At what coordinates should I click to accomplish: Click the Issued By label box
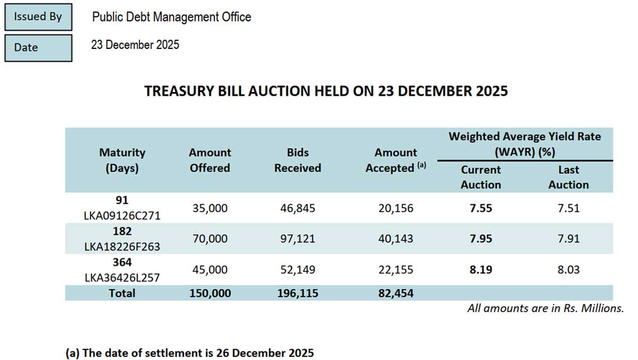click(x=38, y=16)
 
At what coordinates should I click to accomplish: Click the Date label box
click(x=38, y=47)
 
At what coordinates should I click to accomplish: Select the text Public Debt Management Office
click(x=171, y=17)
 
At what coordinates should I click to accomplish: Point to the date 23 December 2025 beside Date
click(x=135, y=45)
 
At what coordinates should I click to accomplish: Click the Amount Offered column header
click(x=210, y=160)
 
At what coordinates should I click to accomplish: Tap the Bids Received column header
click(x=298, y=160)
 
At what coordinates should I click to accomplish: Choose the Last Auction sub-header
click(x=568, y=177)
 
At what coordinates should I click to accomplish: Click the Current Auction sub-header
click(x=481, y=177)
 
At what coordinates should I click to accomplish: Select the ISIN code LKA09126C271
click(x=122, y=216)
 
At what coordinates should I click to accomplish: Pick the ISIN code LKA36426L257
click(x=122, y=278)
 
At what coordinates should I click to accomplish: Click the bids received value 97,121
click(x=298, y=239)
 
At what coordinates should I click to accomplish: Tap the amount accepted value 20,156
click(x=396, y=208)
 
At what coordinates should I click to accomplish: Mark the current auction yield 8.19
click(x=481, y=270)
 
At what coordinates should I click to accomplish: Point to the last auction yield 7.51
click(x=568, y=208)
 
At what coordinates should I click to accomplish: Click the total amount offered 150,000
click(x=210, y=293)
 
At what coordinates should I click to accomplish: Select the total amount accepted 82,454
click(x=396, y=293)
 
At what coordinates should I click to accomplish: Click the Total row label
click(x=122, y=293)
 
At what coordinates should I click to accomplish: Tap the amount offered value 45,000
click(x=210, y=270)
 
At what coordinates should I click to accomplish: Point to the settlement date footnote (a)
click(x=190, y=353)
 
